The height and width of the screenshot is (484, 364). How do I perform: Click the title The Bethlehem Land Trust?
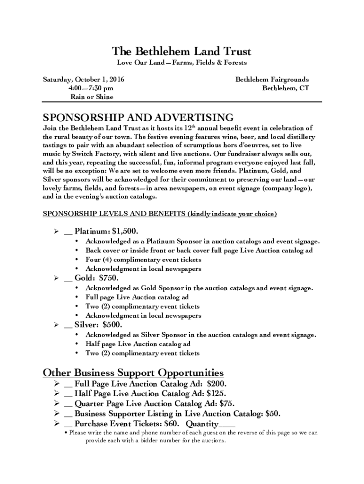pos(182,51)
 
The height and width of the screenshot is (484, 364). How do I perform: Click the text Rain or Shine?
pos(92,97)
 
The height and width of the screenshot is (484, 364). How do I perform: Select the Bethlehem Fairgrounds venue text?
pos(272,79)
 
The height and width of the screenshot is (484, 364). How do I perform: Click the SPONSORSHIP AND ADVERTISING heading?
pos(138,117)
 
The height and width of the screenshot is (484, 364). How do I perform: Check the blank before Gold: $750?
pos(68,279)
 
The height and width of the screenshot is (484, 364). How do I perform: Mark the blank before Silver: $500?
pos(68,326)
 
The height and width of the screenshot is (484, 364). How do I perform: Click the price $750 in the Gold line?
pos(108,278)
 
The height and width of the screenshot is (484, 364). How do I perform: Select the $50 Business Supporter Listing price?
pos(273,414)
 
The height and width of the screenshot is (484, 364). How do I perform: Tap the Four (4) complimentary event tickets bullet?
pos(143,259)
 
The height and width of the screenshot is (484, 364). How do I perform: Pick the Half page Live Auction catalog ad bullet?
pos(138,344)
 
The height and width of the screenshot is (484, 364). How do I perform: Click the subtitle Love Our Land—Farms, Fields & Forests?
pos(182,62)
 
